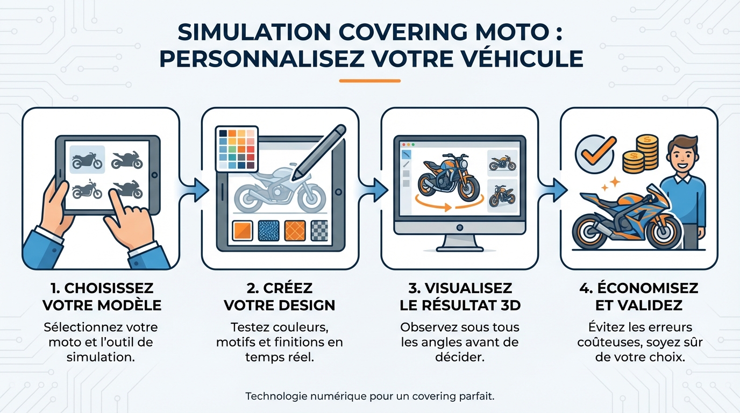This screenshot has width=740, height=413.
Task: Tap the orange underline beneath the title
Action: click(369, 81)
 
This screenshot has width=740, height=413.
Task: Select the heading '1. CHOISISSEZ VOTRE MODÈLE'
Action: click(102, 296)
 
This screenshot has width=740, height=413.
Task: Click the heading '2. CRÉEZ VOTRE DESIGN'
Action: click(279, 296)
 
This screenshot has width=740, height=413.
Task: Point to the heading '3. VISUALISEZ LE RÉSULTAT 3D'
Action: click(460, 296)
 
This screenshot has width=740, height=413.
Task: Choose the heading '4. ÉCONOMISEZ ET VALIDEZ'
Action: click(638, 296)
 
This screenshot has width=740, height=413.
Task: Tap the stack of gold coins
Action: click(640, 154)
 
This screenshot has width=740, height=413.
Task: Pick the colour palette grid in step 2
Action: click(237, 149)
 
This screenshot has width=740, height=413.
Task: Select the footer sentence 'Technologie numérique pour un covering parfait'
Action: click(369, 396)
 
